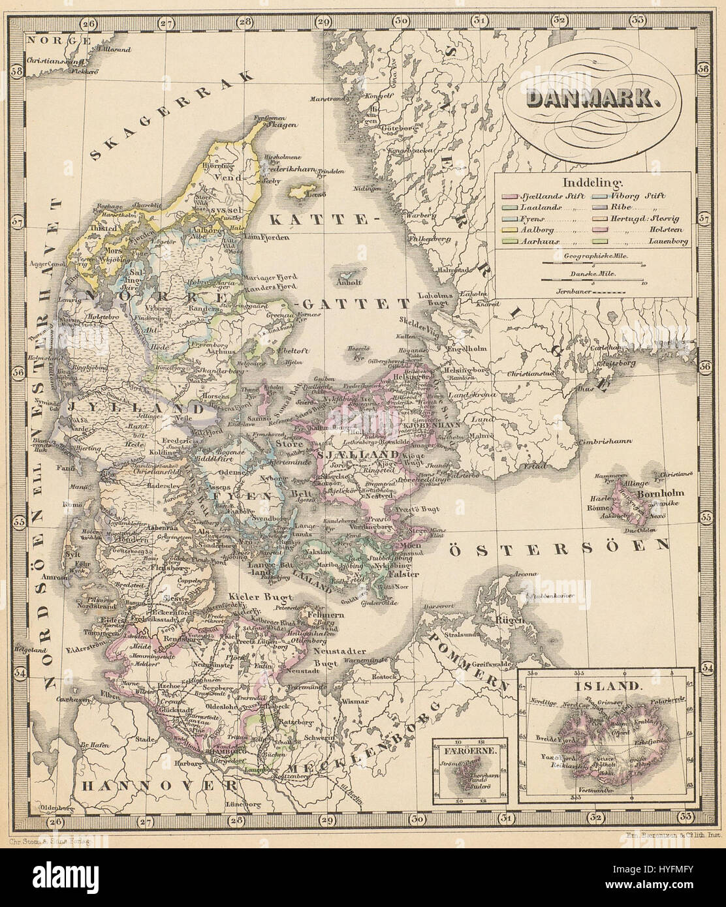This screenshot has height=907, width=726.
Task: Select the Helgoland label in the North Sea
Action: pos(31,650)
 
